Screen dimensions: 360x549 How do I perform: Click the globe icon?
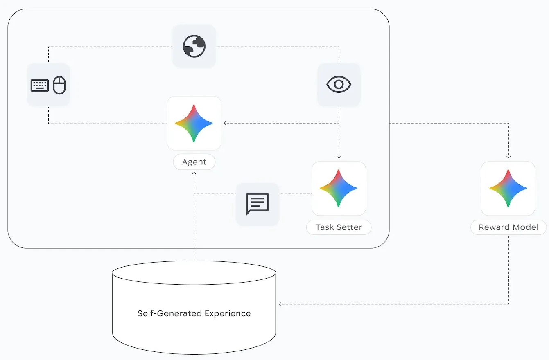[x=194, y=46]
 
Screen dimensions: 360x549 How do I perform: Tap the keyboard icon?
[x=40, y=85]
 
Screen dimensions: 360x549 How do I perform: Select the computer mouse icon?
[x=59, y=85]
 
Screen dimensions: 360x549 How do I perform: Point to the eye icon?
[x=339, y=85]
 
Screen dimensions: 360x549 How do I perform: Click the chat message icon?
[x=258, y=204]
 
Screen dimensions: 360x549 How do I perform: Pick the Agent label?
[x=194, y=162]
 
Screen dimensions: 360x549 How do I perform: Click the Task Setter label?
[x=339, y=227]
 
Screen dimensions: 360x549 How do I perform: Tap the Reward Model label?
[x=508, y=227]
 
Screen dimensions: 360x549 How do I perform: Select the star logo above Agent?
[x=194, y=123]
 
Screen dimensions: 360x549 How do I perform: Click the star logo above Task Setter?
[x=339, y=189]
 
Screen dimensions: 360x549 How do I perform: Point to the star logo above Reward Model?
[x=508, y=189]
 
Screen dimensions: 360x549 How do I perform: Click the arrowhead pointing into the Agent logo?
[x=225, y=123]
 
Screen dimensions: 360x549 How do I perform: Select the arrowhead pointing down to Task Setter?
[x=339, y=157]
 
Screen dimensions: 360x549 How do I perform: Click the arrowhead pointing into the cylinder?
[x=280, y=304]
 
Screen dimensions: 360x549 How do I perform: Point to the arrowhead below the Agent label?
[x=194, y=173]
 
